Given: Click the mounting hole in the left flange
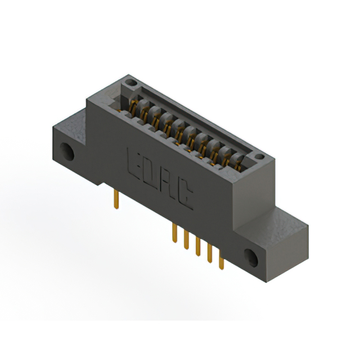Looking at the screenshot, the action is (x=67, y=152).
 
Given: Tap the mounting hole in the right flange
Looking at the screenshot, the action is (x=251, y=258).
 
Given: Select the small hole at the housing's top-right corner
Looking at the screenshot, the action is (x=260, y=156).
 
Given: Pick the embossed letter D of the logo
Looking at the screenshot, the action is (x=151, y=177).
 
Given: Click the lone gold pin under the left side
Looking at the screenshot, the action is (x=116, y=199).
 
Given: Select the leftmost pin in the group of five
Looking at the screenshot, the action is (x=175, y=233).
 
